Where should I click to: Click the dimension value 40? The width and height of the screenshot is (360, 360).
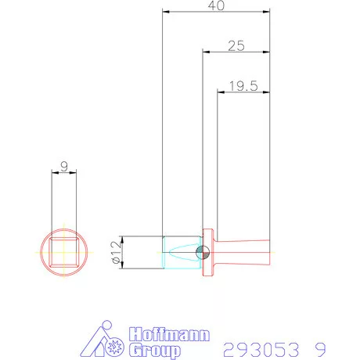(x=217, y=6)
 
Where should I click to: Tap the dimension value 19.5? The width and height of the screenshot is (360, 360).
(x=243, y=85)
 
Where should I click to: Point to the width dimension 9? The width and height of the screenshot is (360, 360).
(x=65, y=166)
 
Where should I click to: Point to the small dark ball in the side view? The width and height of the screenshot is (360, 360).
(x=202, y=252)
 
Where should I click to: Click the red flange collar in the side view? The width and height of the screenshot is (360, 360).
(x=208, y=252)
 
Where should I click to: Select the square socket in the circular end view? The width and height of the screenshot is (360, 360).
(x=65, y=252)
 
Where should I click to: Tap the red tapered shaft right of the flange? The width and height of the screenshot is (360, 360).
(x=243, y=251)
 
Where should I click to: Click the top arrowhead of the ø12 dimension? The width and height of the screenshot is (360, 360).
(x=123, y=238)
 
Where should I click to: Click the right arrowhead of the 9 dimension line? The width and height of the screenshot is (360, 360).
(x=76, y=174)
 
